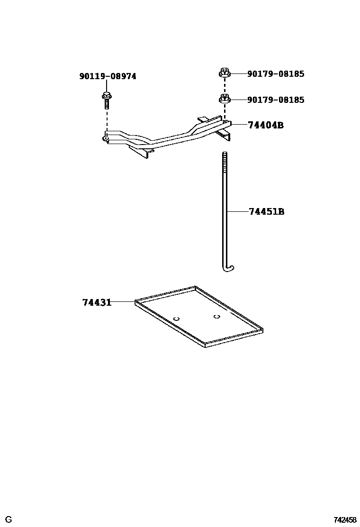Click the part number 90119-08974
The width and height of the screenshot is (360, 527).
pos(108,76)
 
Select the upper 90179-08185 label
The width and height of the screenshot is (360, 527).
pos(275,74)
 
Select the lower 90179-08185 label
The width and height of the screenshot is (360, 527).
pos(275,100)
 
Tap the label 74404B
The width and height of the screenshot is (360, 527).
pos(265,126)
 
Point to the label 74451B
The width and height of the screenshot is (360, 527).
pos(266,211)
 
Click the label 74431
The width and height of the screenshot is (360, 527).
pos(97,302)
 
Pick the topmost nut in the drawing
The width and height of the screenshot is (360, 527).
pos(225,73)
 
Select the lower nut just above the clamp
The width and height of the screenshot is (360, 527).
pos(225,100)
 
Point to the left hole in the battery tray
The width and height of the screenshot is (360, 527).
pos(176,318)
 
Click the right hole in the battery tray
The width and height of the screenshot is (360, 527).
pos(216,316)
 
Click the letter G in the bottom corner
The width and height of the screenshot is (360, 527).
pos(9,520)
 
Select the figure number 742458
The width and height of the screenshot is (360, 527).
pos(345,520)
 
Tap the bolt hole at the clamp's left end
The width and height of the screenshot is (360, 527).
pos(106,139)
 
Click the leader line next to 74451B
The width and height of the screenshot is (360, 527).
pos(238,211)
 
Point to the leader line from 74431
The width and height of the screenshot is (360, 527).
pos(123,301)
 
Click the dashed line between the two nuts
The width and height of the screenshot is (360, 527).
pos(225,86)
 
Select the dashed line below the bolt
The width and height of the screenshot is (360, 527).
pos(106,121)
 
